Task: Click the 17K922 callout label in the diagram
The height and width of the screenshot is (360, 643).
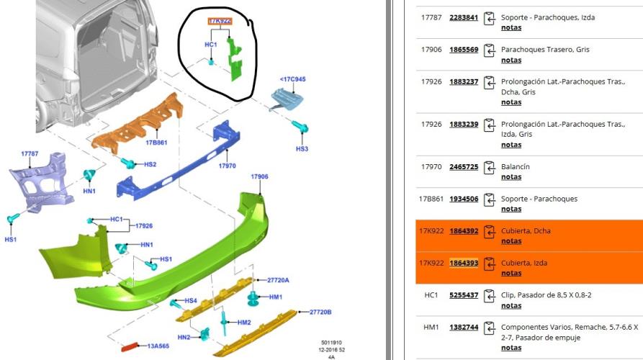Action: [220, 21]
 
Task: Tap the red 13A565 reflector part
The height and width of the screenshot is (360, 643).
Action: [130, 347]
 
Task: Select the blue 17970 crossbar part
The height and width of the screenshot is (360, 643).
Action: [178, 161]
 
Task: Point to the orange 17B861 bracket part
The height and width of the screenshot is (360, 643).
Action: [138, 122]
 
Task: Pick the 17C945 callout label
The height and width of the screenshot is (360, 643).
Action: [293, 79]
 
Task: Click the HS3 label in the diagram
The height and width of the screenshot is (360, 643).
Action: [302, 149]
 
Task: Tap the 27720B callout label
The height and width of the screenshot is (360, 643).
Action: [320, 312]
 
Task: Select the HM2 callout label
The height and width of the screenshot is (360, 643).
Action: [244, 323]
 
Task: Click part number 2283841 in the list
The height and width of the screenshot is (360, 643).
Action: [464, 17]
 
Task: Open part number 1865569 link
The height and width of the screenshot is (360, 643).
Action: [464, 49]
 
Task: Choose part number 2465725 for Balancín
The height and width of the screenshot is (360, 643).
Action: [464, 166]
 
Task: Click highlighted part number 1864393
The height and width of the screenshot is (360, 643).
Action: [464, 263]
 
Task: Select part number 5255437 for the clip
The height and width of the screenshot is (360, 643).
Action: [464, 294]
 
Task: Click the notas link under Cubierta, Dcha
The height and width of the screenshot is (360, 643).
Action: [511, 241]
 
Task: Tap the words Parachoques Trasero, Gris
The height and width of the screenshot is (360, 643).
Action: [545, 49]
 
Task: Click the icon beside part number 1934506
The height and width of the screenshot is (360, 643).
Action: [489, 199]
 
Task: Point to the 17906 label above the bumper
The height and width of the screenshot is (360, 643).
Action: [260, 176]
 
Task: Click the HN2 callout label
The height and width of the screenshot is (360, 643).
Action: [184, 338]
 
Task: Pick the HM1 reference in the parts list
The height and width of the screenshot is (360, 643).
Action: [431, 327]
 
